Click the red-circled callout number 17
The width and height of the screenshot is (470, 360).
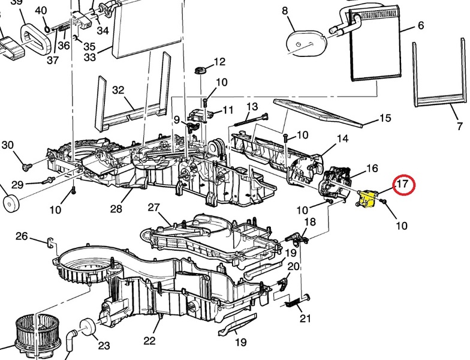[403, 185]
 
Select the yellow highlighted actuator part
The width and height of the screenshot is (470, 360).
[366, 199]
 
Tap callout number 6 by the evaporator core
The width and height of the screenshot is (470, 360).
[421, 26]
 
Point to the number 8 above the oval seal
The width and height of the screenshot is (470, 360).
[285, 11]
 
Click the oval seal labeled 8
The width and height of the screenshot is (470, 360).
[302, 42]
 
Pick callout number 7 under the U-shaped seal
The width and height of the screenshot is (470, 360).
[460, 127]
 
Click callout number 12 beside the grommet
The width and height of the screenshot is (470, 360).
[219, 61]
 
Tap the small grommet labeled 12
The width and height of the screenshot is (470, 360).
[200, 72]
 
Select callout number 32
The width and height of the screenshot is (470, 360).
[117, 91]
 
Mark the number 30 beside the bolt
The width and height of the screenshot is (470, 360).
[7, 145]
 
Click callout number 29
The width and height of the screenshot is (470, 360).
[17, 184]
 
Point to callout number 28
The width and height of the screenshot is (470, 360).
[116, 209]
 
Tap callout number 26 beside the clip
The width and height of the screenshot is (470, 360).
[22, 236]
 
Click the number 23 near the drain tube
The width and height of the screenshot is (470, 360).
[104, 345]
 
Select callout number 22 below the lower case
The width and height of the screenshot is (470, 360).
[150, 341]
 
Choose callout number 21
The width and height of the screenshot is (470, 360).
[306, 318]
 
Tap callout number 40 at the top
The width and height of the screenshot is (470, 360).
[41, 11]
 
